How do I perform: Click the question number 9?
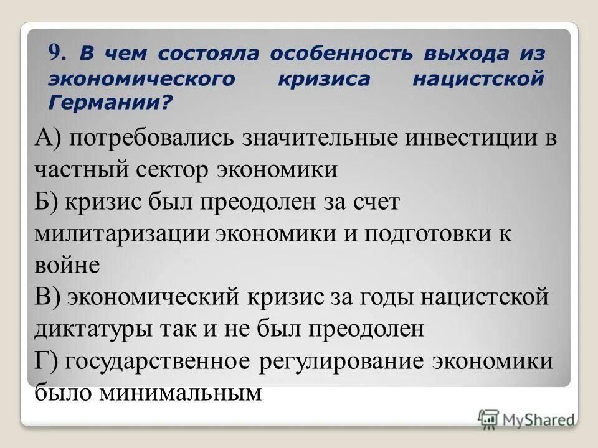click(56, 54)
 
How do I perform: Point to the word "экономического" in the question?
click(142, 78)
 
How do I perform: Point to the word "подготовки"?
click(430, 233)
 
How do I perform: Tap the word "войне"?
click(67, 266)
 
